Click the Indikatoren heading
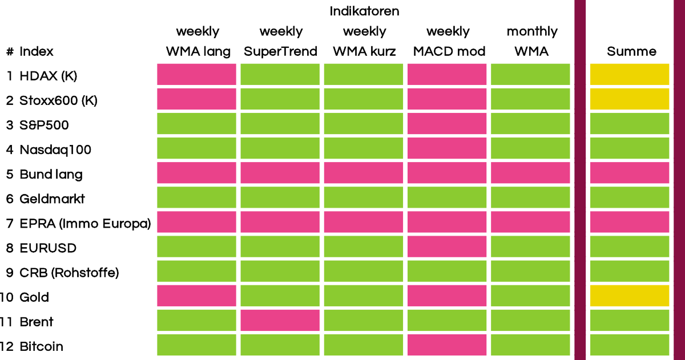364,11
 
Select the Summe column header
631,51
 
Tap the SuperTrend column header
280,51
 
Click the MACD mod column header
449,51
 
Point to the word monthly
532,31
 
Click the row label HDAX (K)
49,76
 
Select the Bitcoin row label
41,346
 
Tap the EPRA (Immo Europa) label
85,224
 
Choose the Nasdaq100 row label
55,149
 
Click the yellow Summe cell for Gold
629,296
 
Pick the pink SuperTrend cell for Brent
280,320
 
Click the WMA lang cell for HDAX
196,74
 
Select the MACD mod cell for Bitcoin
447,345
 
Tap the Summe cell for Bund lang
629,173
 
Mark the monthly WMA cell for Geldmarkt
530,197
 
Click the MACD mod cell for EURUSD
447,246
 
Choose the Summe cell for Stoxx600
629,99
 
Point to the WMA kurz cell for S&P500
363,123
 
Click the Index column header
37,51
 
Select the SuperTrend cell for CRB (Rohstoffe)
280,271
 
